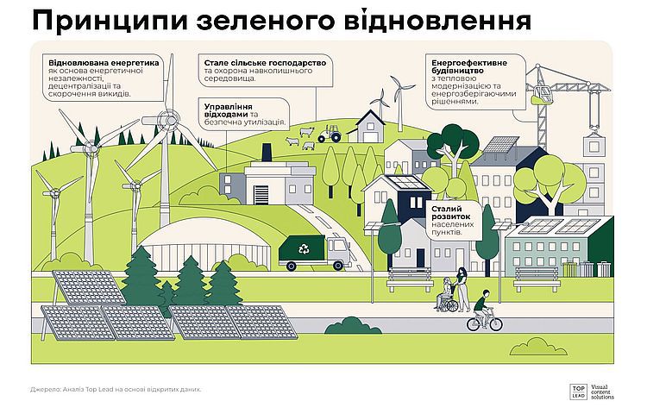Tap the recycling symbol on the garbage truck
304,248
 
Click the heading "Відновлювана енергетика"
104,63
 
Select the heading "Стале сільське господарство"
265,63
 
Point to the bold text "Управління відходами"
229,110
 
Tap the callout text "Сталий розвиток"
450,213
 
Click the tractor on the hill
330,134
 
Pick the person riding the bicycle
484,311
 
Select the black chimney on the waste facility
267,153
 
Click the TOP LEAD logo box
579,392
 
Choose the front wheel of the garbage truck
338,266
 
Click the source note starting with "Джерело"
116,389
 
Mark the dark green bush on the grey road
353,325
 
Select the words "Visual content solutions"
602,392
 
